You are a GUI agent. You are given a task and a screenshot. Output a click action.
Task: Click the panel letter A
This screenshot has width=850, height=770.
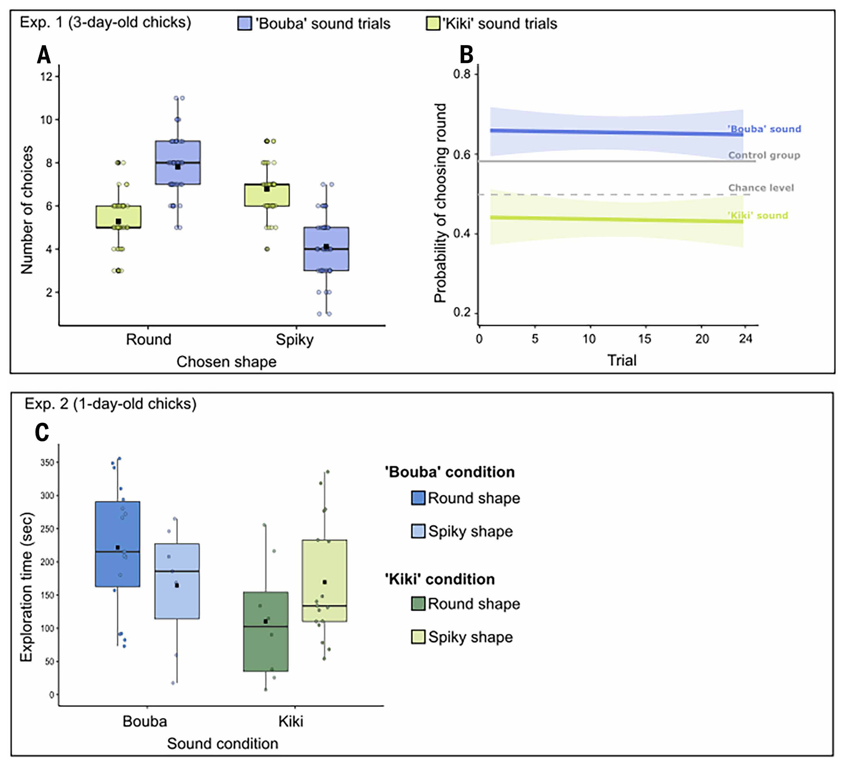(x=44, y=55)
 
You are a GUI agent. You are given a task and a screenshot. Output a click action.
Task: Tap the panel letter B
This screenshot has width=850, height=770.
(x=466, y=55)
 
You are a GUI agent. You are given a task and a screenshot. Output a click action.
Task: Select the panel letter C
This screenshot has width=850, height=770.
(x=42, y=432)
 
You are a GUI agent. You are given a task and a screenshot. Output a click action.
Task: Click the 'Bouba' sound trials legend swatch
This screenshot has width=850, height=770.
(x=245, y=23)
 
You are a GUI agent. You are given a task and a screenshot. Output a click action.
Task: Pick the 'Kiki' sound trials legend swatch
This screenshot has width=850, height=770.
(x=433, y=23)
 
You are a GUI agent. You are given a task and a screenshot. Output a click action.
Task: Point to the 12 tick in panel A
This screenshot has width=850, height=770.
(x=46, y=77)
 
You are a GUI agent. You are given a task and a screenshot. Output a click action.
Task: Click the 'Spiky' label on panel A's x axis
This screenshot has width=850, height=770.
(x=295, y=339)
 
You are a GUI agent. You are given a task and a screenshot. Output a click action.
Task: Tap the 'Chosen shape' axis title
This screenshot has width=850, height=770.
(x=226, y=362)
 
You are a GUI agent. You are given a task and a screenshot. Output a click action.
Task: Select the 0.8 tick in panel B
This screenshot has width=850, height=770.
(x=462, y=74)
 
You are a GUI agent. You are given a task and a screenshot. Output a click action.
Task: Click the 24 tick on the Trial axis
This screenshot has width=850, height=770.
(x=746, y=339)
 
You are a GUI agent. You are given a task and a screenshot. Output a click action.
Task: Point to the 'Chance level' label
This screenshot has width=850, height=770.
(x=761, y=188)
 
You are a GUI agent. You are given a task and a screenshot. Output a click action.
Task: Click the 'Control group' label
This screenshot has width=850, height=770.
(x=764, y=155)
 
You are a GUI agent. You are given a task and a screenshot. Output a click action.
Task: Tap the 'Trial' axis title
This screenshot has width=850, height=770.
(x=622, y=360)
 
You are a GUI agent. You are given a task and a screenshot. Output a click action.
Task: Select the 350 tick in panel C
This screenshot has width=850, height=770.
(x=47, y=463)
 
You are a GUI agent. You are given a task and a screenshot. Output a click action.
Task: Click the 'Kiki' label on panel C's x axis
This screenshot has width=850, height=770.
(x=291, y=722)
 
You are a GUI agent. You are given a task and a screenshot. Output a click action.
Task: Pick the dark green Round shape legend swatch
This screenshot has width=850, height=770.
(x=418, y=604)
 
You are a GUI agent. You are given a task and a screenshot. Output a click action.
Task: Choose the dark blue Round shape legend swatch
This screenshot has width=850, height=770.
(x=418, y=498)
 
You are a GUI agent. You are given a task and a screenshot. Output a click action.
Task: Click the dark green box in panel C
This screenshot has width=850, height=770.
(x=266, y=631)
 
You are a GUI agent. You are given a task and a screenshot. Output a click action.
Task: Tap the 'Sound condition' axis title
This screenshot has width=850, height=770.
(x=222, y=744)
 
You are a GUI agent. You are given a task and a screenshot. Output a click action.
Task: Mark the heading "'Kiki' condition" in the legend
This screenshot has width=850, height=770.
(x=440, y=579)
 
